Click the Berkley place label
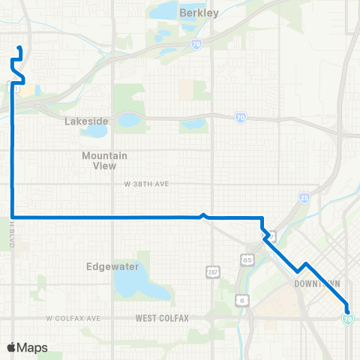[199, 13]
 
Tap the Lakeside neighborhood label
[86, 121]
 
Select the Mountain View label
[104, 160]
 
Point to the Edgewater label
[109, 265]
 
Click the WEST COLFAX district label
[162, 319]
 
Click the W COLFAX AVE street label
[73, 319]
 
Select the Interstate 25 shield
[303, 197]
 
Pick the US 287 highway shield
[212, 268]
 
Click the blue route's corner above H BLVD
[13, 217]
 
